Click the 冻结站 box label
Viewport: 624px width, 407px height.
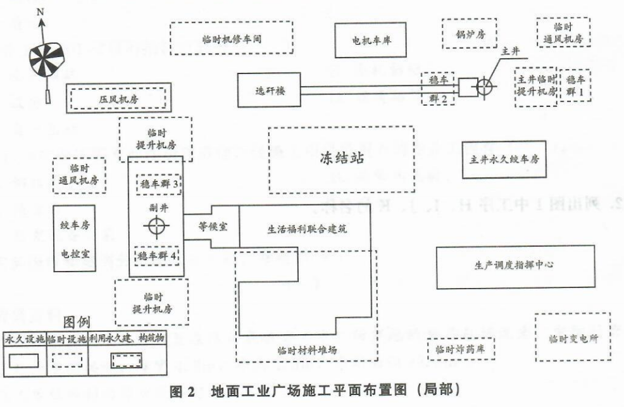(341, 160)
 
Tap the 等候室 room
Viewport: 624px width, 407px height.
(211, 225)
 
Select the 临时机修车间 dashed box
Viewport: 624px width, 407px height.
(232, 39)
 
